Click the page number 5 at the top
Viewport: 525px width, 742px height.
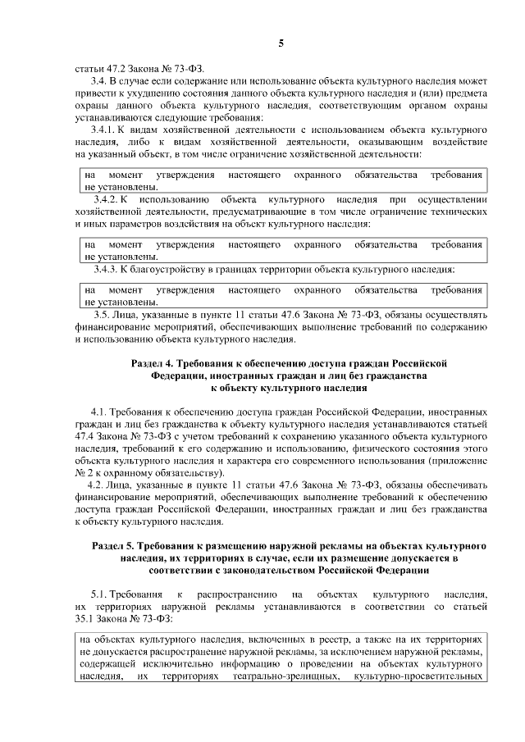[280, 43]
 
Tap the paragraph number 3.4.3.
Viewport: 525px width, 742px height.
[107, 269]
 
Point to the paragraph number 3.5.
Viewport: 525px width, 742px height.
[103, 315]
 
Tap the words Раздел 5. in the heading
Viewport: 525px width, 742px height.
[113, 544]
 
